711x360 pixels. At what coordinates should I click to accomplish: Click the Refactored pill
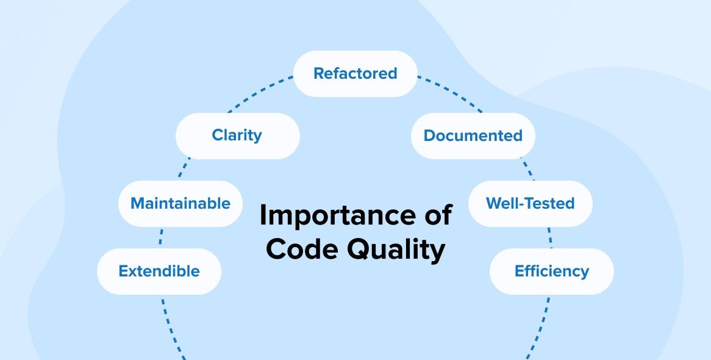(x=355, y=74)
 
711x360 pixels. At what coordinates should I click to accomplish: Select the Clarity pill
(x=237, y=135)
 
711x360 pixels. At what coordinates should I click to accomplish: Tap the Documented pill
(x=473, y=135)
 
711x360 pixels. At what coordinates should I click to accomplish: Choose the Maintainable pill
(x=180, y=203)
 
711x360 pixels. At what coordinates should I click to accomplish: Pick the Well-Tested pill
(x=530, y=203)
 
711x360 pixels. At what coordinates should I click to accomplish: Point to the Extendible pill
(x=159, y=271)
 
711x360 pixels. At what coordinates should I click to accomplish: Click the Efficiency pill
(x=551, y=271)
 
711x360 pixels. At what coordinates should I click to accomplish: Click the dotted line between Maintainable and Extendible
(x=160, y=237)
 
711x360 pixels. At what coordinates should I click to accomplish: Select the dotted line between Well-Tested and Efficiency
(x=550, y=237)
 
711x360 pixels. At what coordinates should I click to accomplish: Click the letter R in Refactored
(x=319, y=74)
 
